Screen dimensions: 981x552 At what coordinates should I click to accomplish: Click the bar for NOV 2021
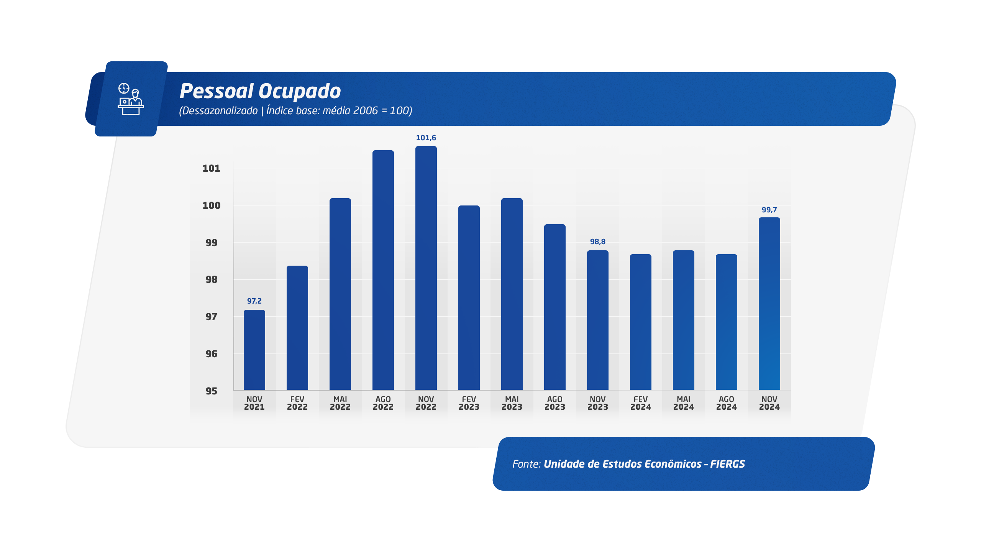point(254,350)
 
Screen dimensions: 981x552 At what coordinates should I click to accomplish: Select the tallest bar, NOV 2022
point(426,268)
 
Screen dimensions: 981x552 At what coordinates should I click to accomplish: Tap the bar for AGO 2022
point(383,270)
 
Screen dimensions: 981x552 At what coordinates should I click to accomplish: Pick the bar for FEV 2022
point(297,328)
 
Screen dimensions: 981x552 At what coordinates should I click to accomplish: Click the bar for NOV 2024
point(769,304)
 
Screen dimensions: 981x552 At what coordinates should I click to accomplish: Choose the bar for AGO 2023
point(555,307)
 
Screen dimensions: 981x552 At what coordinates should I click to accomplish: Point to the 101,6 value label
point(426,138)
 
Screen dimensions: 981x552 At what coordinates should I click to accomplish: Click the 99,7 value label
point(769,210)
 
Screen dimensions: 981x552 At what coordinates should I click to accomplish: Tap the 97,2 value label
point(254,301)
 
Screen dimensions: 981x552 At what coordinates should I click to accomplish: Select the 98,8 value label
point(598,242)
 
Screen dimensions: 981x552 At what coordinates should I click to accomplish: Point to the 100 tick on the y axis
point(212,205)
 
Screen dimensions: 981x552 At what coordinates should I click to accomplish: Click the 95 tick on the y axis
point(212,391)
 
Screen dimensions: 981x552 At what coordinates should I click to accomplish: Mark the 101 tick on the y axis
point(212,168)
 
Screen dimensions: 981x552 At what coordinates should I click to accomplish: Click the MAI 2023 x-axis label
point(512,403)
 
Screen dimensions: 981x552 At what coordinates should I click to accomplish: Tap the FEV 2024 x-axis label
point(641,403)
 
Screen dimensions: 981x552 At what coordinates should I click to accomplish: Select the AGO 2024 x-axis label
point(727,403)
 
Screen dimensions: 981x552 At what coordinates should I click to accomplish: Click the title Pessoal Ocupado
point(260,91)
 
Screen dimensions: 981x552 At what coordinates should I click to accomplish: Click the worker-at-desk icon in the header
point(131,99)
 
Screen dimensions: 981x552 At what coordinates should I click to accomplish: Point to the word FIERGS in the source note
point(728,464)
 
